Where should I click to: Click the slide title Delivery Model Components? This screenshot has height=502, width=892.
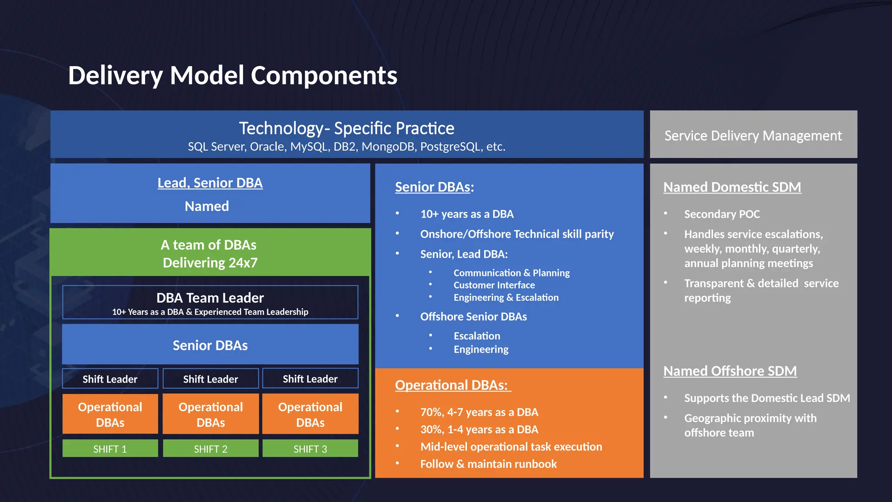click(233, 75)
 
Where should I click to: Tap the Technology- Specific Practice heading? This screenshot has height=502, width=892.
click(346, 128)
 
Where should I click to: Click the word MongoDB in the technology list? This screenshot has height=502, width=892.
click(388, 147)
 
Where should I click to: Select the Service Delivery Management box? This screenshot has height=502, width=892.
click(753, 136)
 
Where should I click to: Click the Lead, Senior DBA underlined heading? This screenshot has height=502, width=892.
click(210, 183)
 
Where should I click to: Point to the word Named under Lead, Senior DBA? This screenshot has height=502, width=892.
click(207, 206)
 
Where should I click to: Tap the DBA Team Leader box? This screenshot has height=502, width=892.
click(210, 302)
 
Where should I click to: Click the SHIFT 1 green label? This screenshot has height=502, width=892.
click(110, 449)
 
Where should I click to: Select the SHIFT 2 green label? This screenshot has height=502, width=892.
click(210, 449)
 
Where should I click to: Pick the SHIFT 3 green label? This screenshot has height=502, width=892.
click(310, 449)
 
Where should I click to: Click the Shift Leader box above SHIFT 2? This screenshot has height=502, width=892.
click(210, 379)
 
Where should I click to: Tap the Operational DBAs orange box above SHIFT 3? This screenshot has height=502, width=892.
click(310, 414)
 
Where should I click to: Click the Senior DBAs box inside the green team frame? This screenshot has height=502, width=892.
click(210, 345)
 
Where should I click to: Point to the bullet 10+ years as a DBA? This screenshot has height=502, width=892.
click(466, 214)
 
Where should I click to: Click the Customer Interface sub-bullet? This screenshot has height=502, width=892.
click(494, 285)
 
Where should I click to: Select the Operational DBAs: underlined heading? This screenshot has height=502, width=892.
click(452, 385)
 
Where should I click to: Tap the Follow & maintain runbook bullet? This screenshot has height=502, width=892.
click(488, 464)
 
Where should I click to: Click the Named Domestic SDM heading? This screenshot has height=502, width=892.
click(732, 187)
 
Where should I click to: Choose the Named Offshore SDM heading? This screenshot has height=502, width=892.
click(730, 371)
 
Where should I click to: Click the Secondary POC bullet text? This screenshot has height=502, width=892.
click(722, 214)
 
